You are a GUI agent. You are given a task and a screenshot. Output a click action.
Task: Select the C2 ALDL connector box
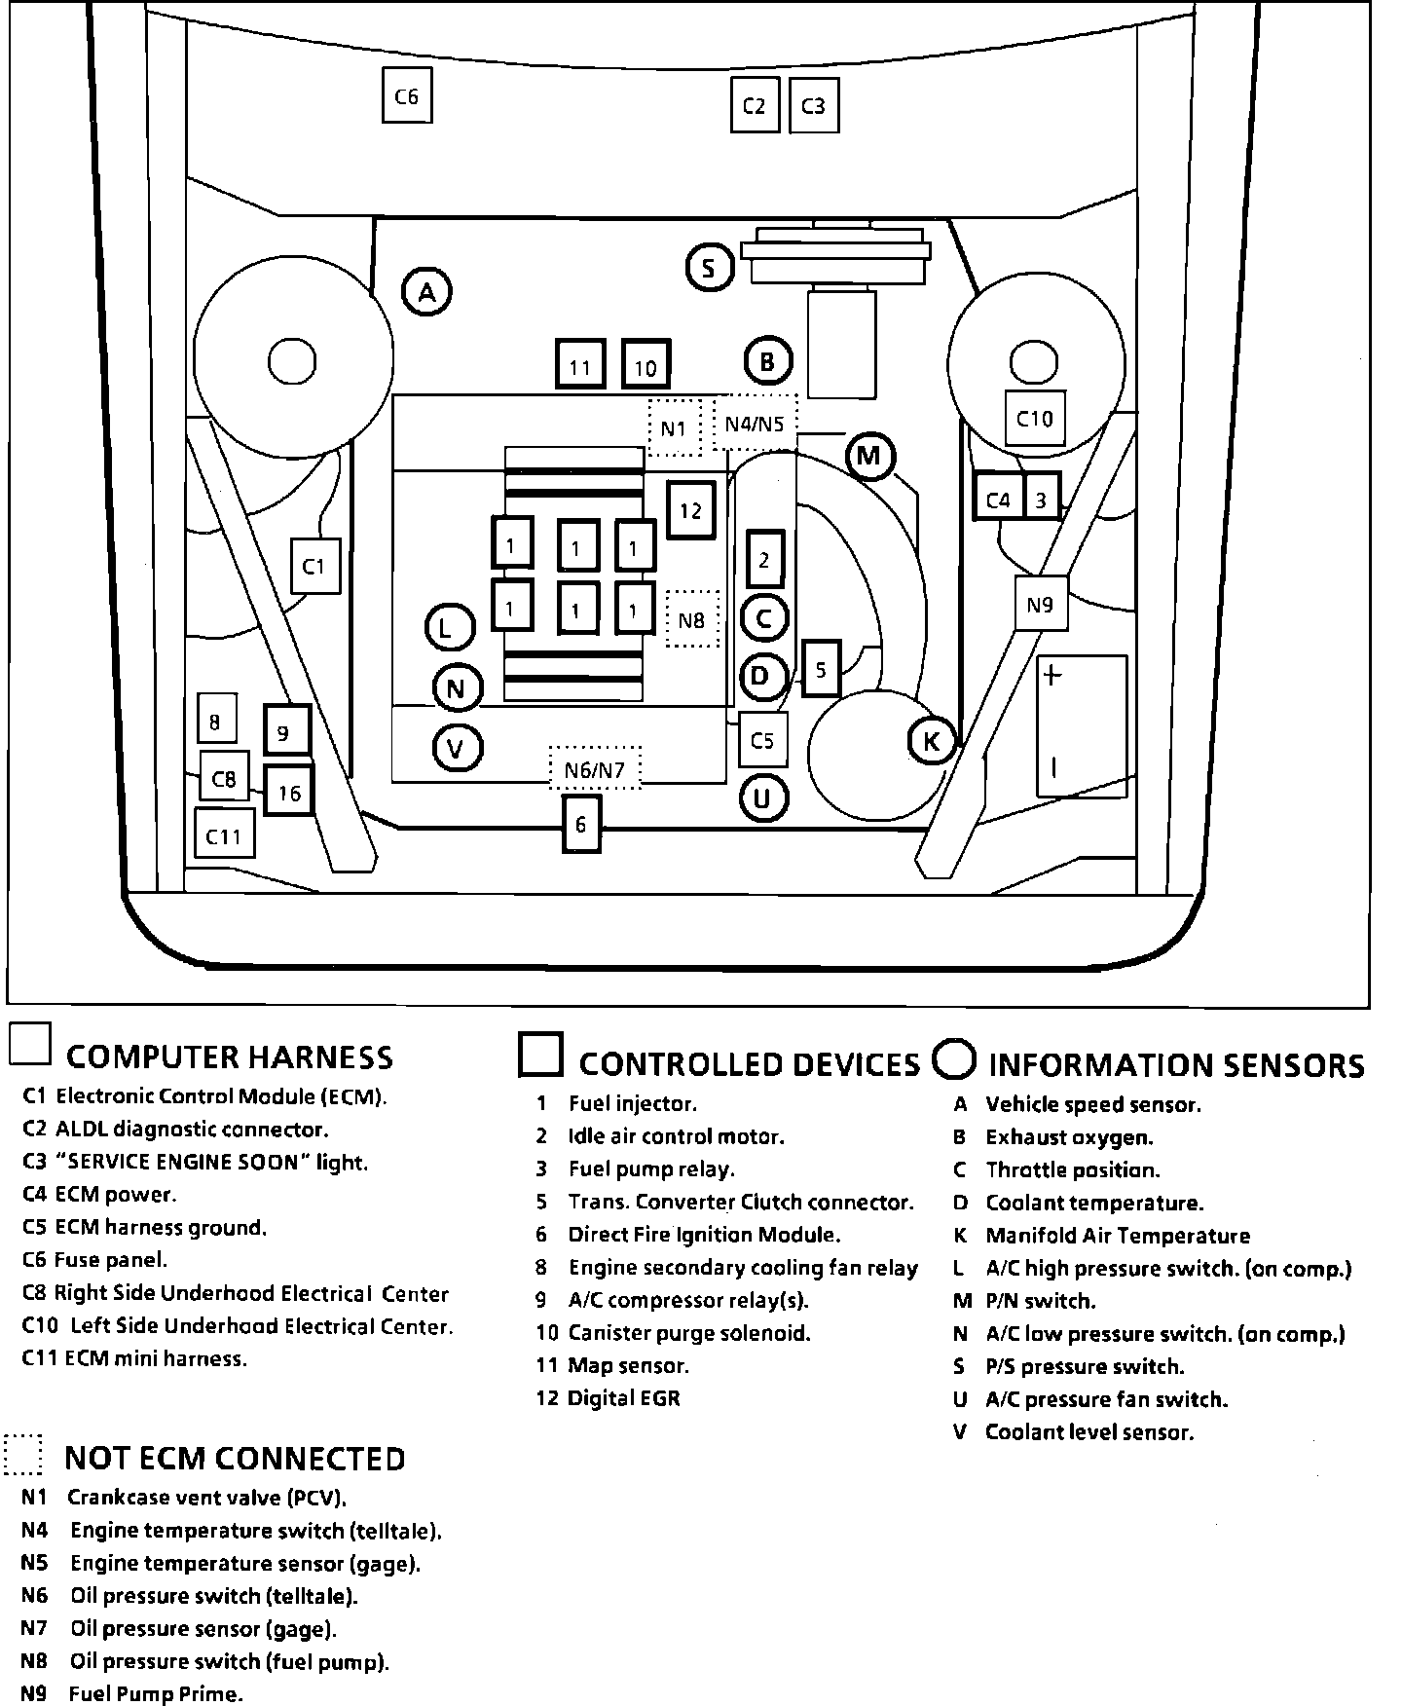[755, 105]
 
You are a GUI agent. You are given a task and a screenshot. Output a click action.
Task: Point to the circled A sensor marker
[426, 290]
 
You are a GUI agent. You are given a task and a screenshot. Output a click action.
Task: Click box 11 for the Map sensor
[580, 365]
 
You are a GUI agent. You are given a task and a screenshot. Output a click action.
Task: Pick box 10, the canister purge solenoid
[646, 365]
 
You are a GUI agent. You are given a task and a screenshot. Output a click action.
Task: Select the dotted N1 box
[674, 427]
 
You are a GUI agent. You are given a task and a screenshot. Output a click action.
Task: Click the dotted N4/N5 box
[755, 423]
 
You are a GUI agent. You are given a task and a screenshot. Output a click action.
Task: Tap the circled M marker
[869, 456]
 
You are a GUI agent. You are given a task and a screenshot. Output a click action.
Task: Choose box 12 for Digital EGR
[691, 509]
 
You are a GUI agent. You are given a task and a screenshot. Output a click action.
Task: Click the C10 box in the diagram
[1035, 418]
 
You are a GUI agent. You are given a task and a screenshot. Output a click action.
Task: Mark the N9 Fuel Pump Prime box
[1040, 604]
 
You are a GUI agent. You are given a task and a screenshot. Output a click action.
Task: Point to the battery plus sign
[1052, 674]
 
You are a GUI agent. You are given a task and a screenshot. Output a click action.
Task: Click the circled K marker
[932, 741]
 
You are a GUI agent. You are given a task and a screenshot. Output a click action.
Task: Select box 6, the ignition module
[581, 824]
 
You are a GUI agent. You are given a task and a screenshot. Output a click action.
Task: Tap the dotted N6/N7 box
[595, 770]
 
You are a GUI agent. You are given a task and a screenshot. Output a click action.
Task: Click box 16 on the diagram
[289, 793]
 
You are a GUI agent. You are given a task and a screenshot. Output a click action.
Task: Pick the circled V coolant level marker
[456, 748]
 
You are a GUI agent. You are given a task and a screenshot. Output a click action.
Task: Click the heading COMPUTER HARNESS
[230, 1057]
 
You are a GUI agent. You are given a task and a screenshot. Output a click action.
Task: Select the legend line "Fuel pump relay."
[651, 1168]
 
